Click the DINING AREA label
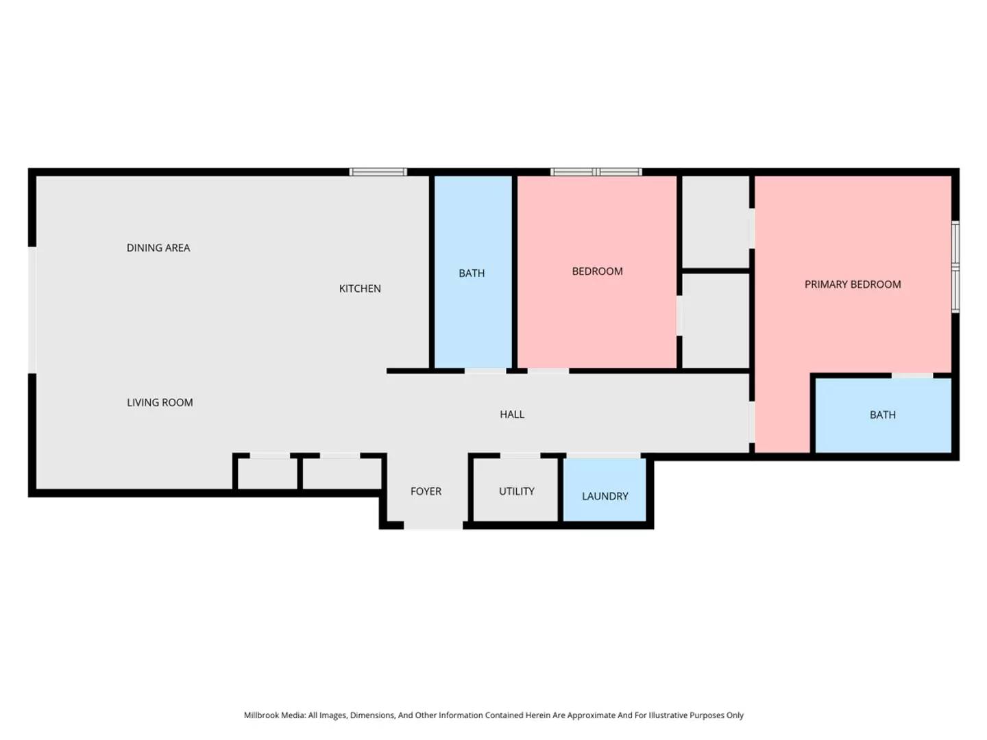pyautogui.click(x=158, y=248)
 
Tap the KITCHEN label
pyautogui.click(x=360, y=288)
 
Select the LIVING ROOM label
pyautogui.click(x=160, y=403)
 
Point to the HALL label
pyautogui.click(x=512, y=415)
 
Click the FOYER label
pyautogui.click(x=426, y=491)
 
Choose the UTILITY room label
pyautogui.click(x=516, y=491)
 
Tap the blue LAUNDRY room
pyautogui.click(x=605, y=490)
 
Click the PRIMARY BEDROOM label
pyautogui.click(x=853, y=284)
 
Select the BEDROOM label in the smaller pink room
pyautogui.click(x=597, y=271)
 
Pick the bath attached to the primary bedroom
pyautogui.click(x=882, y=415)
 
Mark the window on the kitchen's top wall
pyautogui.click(x=378, y=172)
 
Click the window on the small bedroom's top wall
pyautogui.click(x=596, y=172)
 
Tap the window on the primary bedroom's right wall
pyautogui.click(x=955, y=267)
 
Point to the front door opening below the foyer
pyautogui.click(x=433, y=526)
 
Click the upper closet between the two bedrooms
pyautogui.click(x=715, y=222)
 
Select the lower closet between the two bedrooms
pyautogui.click(x=715, y=321)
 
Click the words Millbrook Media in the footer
pyautogui.click(x=274, y=715)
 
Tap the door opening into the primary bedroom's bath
pyautogui.click(x=912, y=375)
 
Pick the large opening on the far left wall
pyautogui.click(x=32, y=310)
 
